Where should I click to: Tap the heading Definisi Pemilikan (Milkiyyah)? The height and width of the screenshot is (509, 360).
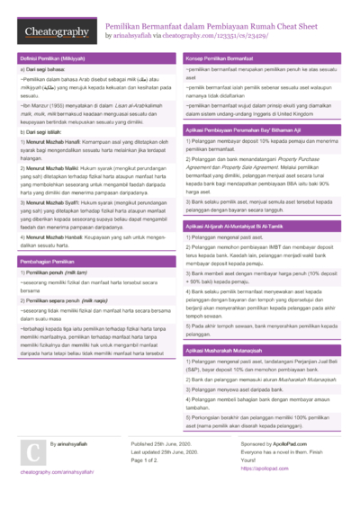pos(53,58)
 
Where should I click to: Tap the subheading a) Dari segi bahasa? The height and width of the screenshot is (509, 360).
pos(44,69)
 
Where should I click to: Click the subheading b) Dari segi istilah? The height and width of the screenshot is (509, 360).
pos(44,132)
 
